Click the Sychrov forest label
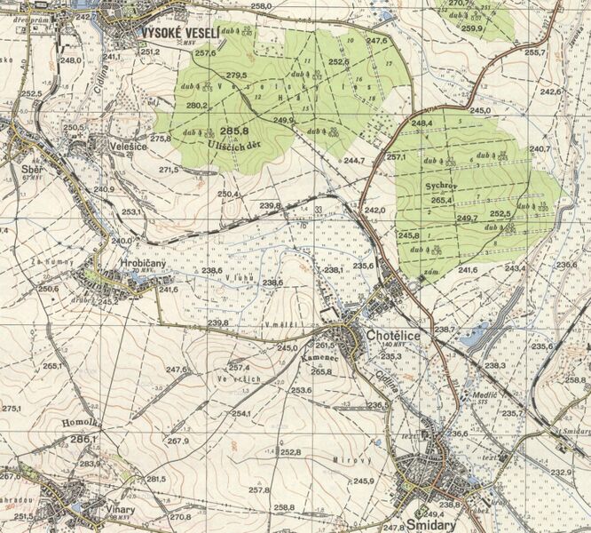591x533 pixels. [x=441, y=187]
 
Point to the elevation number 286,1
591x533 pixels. [x=83, y=439]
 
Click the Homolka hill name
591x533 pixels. [x=81, y=424]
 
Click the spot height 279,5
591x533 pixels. [x=237, y=76]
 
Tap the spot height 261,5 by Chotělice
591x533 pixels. [x=325, y=345]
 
